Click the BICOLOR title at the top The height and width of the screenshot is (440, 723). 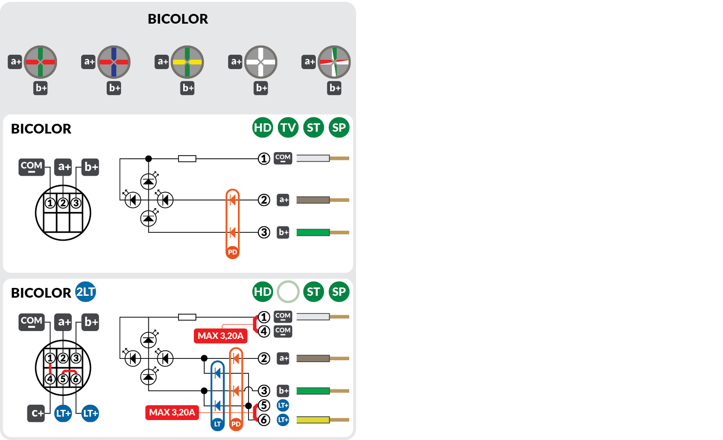(178, 19)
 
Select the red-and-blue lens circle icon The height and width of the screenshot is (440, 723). (114, 62)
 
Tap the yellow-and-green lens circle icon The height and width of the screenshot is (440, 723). (187, 62)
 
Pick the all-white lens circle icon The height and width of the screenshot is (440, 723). (261, 62)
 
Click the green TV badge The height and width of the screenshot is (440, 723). (288, 128)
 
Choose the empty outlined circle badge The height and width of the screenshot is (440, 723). (288, 292)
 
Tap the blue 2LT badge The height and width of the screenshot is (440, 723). (85, 292)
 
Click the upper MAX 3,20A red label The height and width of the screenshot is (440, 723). (221, 336)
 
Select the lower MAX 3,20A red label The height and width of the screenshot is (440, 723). (172, 412)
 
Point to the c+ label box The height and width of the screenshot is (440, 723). (36, 413)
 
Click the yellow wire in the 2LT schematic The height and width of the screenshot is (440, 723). (313, 420)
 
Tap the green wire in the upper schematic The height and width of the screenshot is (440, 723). (313, 232)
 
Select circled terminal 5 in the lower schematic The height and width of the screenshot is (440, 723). (264, 406)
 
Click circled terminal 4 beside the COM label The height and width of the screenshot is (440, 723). (264, 332)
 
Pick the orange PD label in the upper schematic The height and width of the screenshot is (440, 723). (232, 252)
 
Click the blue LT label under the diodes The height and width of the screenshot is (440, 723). (218, 424)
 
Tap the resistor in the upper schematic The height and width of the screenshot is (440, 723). (187, 159)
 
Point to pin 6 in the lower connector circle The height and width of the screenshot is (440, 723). (76, 379)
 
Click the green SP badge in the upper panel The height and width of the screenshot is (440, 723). (339, 128)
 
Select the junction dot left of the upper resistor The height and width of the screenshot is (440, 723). (148, 159)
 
